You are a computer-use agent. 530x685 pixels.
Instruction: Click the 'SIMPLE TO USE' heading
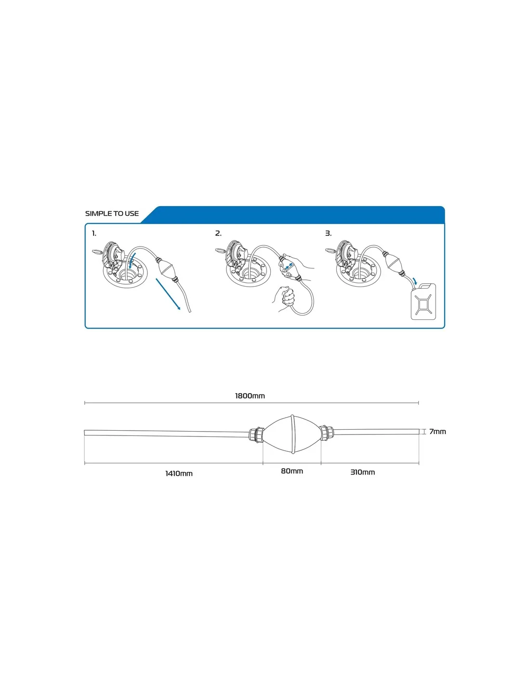click(x=112, y=213)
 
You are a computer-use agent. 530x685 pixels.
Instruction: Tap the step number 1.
click(x=94, y=234)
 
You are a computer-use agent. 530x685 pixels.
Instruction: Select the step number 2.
click(x=218, y=234)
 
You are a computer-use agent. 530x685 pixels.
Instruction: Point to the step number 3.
click(x=328, y=234)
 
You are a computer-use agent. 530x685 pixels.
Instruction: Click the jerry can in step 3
click(x=424, y=302)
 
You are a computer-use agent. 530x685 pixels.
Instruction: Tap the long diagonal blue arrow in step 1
click(x=168, y=294)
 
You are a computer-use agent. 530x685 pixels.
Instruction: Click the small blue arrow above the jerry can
click(x=415, y=280)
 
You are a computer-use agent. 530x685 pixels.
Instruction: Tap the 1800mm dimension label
click(x=250, y=396)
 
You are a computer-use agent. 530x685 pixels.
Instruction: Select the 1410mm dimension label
click(x=179, y=474)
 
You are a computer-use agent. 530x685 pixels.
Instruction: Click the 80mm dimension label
click(x=292, y=471)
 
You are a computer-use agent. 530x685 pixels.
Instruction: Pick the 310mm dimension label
click(x=363, y=472)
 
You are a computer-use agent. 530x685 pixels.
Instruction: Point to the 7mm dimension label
click(x=437, y=432)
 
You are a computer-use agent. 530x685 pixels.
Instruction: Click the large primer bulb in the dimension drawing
click(x=292, y=434)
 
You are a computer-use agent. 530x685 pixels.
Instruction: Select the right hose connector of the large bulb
click(x=327, y=433)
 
